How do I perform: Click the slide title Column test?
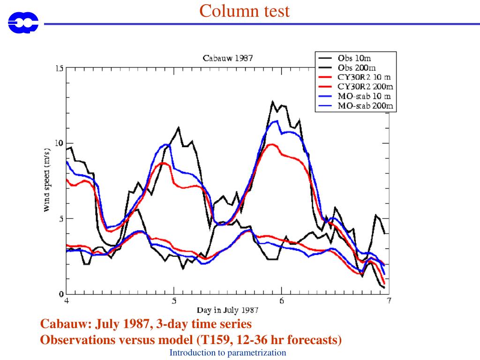(x=244, y=11)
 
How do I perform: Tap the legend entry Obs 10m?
(x=354, y=58)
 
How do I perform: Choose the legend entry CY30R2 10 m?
(x=364, y=77)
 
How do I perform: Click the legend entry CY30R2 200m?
(x=365, y=87)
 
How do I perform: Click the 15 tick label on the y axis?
(x=59, y=68)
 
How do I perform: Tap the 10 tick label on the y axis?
(x=59, y=143)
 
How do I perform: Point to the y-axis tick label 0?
(x=61, y=294)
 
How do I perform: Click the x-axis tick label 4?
(x=67, y=301)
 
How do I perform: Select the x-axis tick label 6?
(x=281, y=301)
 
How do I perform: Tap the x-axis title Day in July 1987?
(x=227, y=310)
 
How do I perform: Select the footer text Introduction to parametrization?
(x=228, y=352)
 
